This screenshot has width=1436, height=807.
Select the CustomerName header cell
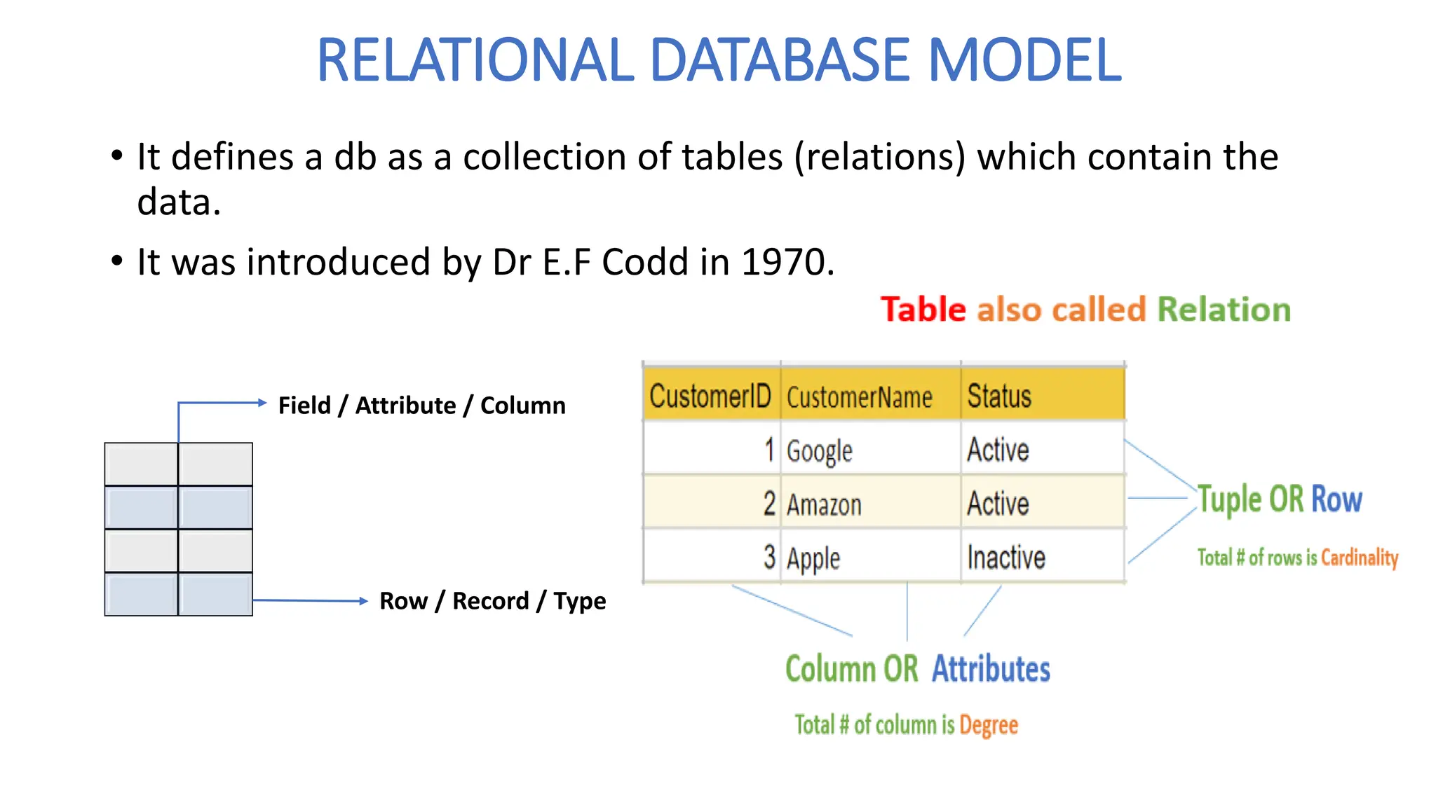(x=860, y=397)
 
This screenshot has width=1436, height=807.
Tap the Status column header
(x=999, y=396)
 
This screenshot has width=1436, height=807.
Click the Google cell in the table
(x=819, y=450)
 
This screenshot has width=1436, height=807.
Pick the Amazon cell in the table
(x=824, y=504)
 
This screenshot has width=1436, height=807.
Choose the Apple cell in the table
(x=813, y=558)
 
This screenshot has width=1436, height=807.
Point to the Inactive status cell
(x=1006, y=558)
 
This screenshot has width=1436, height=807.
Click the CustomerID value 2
(x=769, y=504)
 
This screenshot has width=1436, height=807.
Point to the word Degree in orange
(x=988, y=725)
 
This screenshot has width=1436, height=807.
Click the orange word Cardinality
(x=1359, y=558)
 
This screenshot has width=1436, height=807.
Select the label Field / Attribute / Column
(x=421, y=405)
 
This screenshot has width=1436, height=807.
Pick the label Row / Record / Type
(x=492, y=600)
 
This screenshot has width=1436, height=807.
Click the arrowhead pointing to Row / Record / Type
(x=363, y=600)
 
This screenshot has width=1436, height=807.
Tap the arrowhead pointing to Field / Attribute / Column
(x=262, y=403)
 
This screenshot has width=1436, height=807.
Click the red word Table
(x=923, y=309)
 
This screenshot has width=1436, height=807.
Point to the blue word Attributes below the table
(x=991, y=668)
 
